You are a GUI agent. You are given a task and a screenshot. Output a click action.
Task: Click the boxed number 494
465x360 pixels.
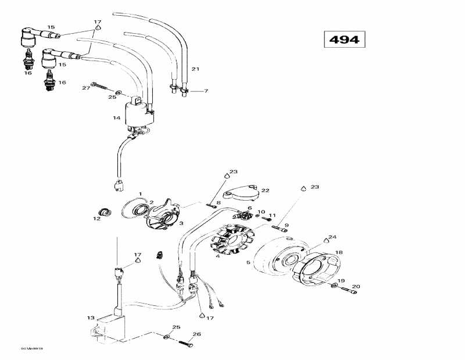tap(344, 40)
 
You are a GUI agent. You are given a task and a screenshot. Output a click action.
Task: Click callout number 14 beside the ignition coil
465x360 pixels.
tap(116, 118)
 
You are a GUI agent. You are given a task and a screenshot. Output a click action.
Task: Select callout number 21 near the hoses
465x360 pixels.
tap(195, 70)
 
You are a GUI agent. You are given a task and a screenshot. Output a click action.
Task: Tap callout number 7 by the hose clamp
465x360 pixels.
tap(205, 91)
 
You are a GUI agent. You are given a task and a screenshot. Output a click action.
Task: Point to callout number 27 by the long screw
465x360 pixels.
tap(86, 87)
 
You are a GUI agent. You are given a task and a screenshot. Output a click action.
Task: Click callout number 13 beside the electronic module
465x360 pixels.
tap(90, 318)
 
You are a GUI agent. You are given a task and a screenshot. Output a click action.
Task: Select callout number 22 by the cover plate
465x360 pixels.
tap(265, 190)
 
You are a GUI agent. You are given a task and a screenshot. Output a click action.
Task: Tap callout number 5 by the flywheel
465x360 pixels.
tap(248, 263)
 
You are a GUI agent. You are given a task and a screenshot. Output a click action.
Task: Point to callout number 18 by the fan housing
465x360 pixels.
tap(338, 252)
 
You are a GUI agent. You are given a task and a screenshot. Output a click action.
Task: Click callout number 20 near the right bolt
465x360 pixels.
tap(356, 286)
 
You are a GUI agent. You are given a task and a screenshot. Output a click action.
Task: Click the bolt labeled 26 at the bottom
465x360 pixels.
tap(184, 343)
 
